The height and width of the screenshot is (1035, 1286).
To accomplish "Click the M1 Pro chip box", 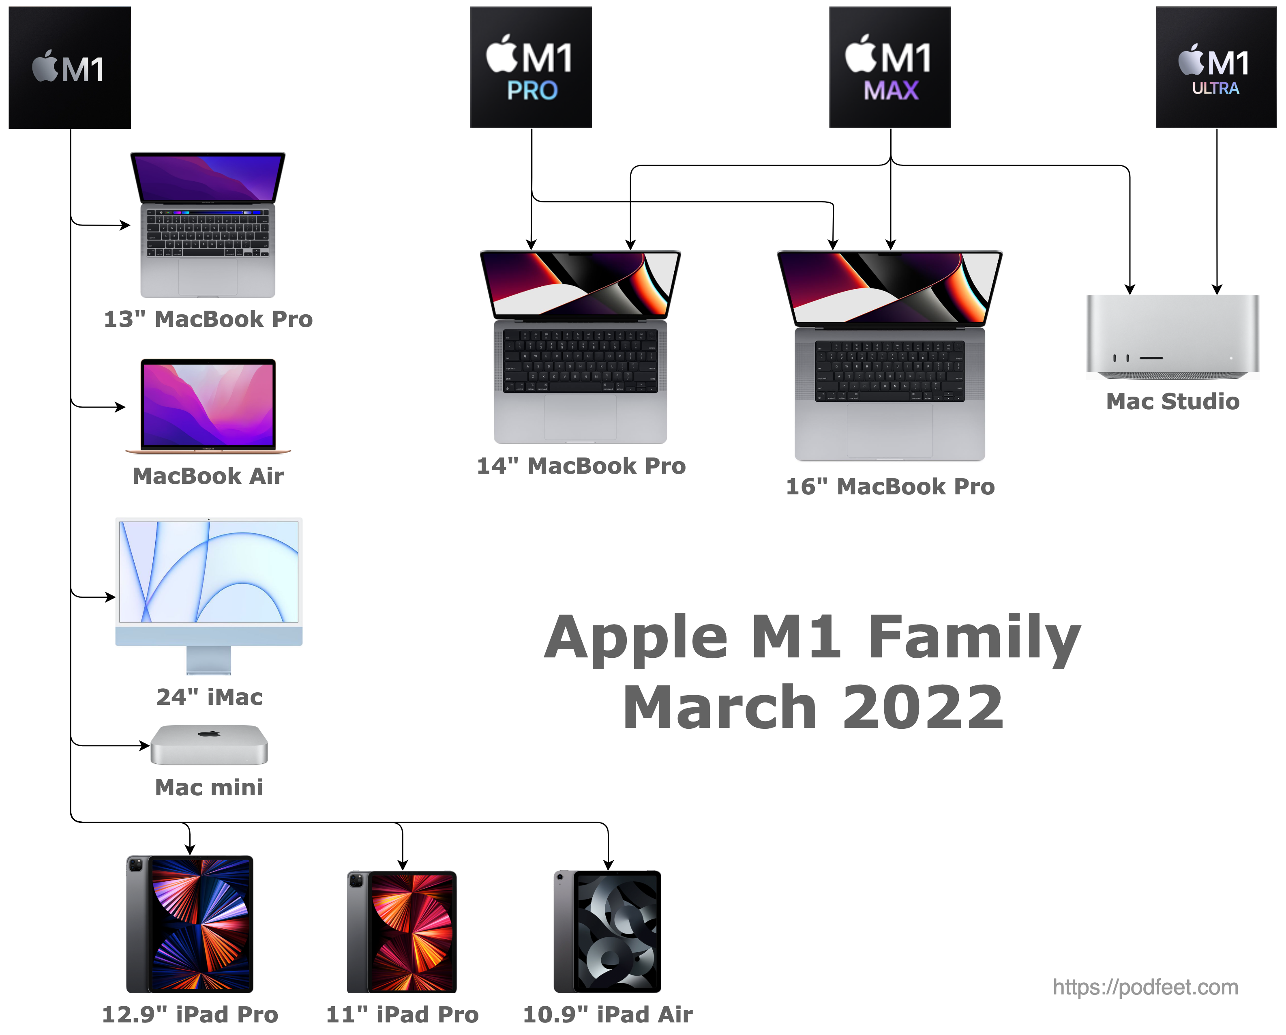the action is (531, 67).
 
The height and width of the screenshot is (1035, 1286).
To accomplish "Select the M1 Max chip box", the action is (890, 67).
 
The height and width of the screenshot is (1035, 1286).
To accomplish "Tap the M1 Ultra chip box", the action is (1216, 67).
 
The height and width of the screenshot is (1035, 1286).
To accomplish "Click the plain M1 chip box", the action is (70, 67).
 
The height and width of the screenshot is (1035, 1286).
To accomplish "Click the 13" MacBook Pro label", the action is (208, 319).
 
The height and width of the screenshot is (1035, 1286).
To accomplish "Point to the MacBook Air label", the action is (208, 476).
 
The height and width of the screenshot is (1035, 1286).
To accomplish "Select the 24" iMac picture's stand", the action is (209, 660).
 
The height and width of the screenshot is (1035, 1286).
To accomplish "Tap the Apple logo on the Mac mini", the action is (209, 733).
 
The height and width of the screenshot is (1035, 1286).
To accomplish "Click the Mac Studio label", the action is (1172, 402).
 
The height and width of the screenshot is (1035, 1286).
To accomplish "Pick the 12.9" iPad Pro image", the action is (190, 924).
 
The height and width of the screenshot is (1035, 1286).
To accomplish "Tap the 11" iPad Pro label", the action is (403, 1015).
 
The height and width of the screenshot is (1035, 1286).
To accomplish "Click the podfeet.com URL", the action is (1145, 987).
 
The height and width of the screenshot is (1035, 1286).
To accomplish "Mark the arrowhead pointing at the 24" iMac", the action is (110, 597).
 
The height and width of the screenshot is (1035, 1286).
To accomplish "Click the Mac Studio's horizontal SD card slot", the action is (1151, 358).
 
